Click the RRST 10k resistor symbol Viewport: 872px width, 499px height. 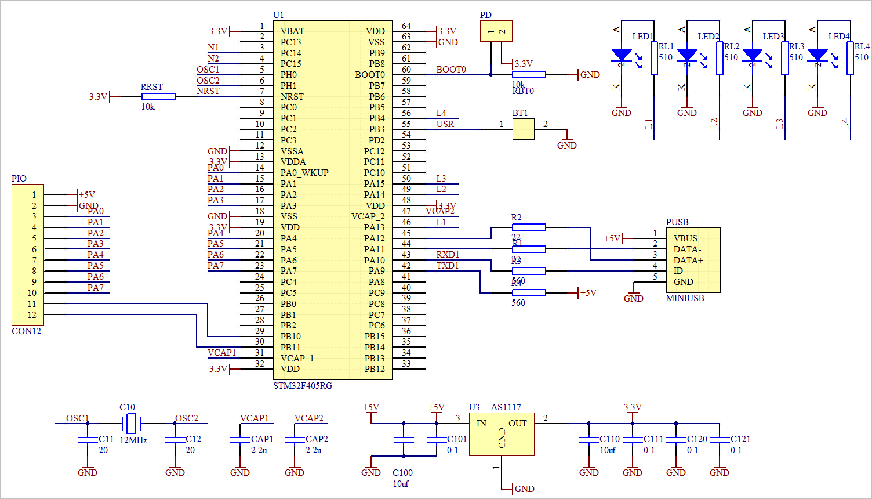158,97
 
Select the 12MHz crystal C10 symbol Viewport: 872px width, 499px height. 132,424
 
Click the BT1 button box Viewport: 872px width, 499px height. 524,129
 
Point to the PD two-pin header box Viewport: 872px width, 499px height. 496,31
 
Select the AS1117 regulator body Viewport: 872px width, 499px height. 502,434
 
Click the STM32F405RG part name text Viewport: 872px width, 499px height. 303,386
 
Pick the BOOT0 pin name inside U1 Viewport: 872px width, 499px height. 370,75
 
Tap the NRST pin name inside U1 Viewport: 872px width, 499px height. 292,97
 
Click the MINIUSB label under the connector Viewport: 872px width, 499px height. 685,298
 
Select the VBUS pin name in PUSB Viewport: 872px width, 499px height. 685,238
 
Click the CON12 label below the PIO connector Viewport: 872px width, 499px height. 27,331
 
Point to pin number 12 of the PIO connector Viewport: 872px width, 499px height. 32,315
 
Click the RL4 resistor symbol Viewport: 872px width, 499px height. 850,58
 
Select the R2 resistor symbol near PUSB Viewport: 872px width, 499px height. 528,227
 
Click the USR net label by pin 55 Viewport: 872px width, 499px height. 445,124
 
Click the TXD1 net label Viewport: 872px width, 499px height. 448,266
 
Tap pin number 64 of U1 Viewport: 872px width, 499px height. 406,26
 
